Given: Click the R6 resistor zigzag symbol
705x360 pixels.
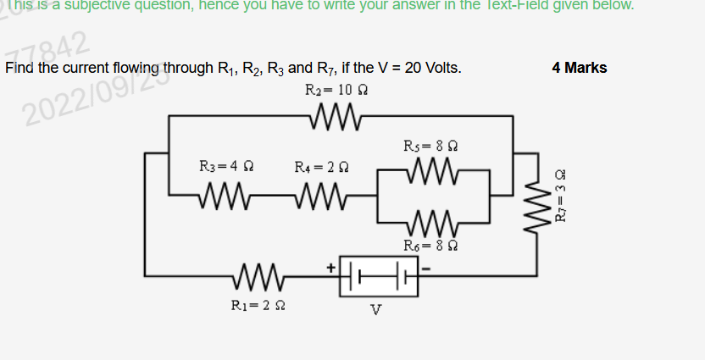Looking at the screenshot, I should [x=432, y=225].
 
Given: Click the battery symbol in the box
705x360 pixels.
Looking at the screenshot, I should [x=379, y=274].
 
